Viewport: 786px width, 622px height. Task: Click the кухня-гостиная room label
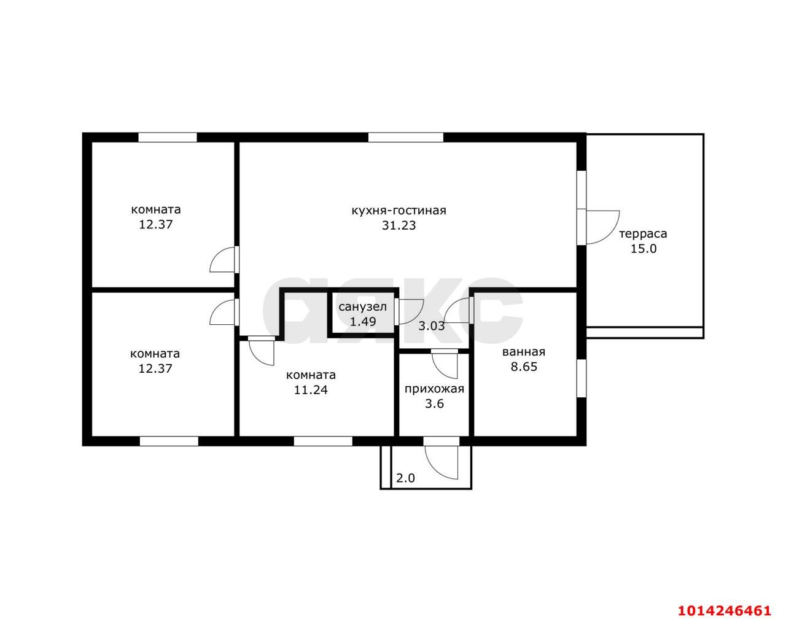399,211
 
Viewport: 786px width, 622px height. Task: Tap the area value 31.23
399,226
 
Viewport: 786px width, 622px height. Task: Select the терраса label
643,234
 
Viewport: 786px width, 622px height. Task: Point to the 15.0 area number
644,249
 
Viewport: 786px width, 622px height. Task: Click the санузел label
362,307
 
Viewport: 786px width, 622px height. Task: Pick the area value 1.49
363,322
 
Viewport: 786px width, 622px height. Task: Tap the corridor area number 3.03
431,326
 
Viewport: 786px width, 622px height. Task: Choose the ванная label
524,352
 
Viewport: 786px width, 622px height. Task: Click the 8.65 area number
524,367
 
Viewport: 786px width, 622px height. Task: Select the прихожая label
434,389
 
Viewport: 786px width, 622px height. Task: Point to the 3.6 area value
435,404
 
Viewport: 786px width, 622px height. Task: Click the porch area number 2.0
405,478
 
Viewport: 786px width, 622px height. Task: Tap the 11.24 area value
311,390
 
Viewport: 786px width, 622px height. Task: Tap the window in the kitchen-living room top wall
405,138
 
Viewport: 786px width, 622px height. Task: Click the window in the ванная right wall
582,378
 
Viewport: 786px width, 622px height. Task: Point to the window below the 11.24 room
323,441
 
